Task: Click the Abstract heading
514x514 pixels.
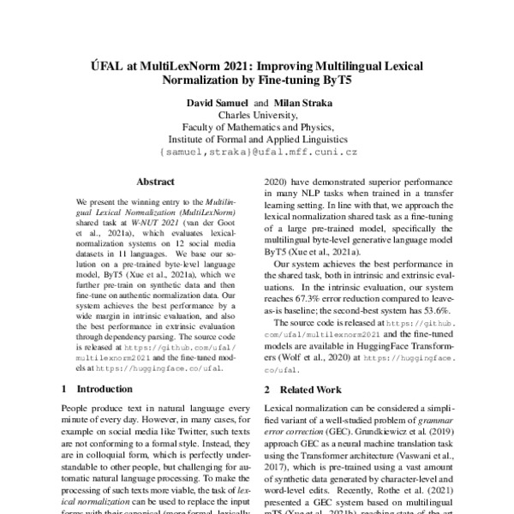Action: [155, 182]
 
